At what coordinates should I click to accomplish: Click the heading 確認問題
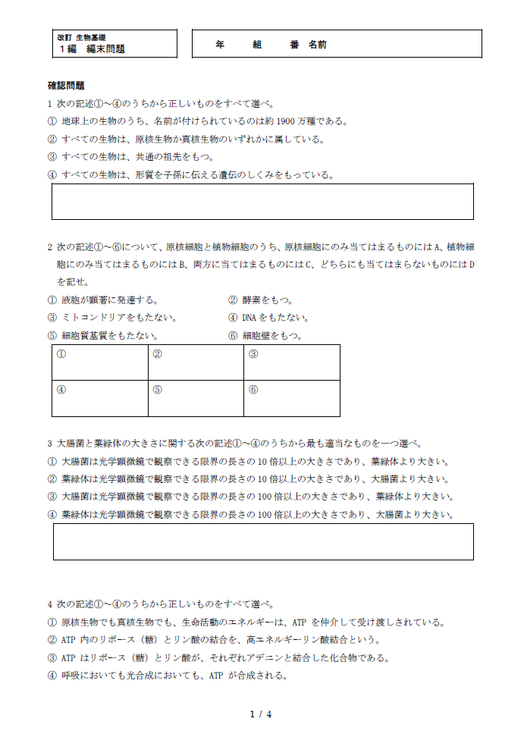click(x=66, y=86)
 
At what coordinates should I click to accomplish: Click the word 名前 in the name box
click(x=318, y=45)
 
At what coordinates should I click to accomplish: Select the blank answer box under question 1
click(x=262, y=202)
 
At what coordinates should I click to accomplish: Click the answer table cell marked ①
click(x=100, y=362)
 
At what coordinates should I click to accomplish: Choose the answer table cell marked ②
click(x=196, y=362)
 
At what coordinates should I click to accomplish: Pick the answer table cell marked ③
click(x=292, y=362)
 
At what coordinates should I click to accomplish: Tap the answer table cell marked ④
click(x=100, y=398)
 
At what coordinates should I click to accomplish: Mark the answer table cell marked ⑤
click(x=196, y=398)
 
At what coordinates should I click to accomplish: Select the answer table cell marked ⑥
click(x=292, y=398)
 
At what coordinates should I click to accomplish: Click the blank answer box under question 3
click(x=262, y=541)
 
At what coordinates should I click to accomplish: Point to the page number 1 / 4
click(x=260, y=714)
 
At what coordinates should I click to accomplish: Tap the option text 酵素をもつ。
click(x=267, y=300)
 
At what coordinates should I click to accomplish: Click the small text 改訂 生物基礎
click(x=81, y=37)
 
